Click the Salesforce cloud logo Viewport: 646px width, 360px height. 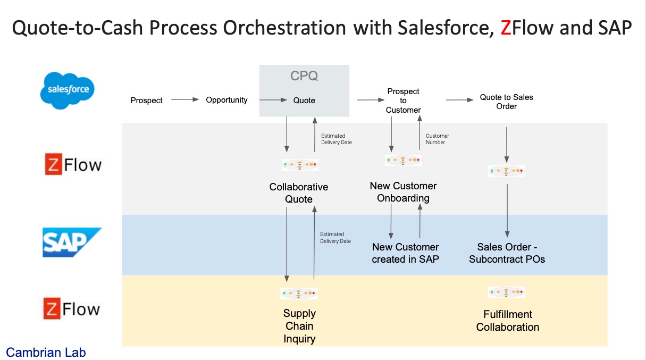point(68,90)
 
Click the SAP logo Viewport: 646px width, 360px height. point(72,242)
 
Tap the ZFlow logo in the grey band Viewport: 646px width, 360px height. point(72,165)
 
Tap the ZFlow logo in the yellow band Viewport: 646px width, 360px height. point(72,308)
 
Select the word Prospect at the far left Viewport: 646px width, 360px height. point(146,100)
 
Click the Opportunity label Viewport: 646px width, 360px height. point(226,100)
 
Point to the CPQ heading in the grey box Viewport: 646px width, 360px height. point(304,76)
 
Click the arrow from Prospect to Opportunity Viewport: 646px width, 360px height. point(184,99)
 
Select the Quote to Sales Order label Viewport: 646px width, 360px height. point(506,102)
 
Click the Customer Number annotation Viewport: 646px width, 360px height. point(437,139)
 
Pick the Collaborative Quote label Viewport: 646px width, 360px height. point(299,193)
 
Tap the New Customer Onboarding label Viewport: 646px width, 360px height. point(403,192)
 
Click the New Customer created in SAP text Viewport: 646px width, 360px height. point(405,253)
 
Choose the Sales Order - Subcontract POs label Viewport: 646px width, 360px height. point(507,253)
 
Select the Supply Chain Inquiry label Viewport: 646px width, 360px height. point(299,326)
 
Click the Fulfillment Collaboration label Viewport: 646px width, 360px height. point(507,321)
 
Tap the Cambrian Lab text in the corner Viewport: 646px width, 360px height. point(46,352)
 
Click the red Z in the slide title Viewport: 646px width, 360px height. point(506,28)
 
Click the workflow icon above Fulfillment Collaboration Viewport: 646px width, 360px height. point(506,292)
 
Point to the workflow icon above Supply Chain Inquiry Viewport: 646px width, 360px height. point(299,293)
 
